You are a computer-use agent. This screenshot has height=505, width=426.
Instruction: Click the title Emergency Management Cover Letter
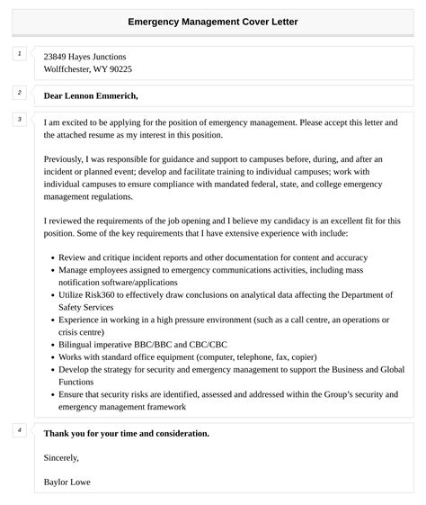tap(213, 21)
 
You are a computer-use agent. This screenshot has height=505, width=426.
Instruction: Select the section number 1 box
tap(19, 55)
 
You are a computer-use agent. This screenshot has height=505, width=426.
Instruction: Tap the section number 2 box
tap(19, 94)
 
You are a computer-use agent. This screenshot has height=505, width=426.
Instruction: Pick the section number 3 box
tap(19, 119)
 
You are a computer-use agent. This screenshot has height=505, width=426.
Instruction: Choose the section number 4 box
tap(19, 430)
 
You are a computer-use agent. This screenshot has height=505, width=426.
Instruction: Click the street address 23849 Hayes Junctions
tap(85, 57)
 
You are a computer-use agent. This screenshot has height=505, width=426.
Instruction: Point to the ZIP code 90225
tap(119, 69)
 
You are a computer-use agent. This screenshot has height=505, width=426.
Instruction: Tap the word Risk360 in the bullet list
tap(96, 294)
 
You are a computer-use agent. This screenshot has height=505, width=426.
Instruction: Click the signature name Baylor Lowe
tap(67, 482)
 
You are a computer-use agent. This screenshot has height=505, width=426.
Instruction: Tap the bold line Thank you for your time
tap(127, 434)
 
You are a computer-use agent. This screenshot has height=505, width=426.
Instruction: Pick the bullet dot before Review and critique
tap(52, 257)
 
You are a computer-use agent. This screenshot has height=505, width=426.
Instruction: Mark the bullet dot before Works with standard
tap(52, 357)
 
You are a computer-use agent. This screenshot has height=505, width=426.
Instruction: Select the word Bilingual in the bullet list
tap(79, 344)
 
